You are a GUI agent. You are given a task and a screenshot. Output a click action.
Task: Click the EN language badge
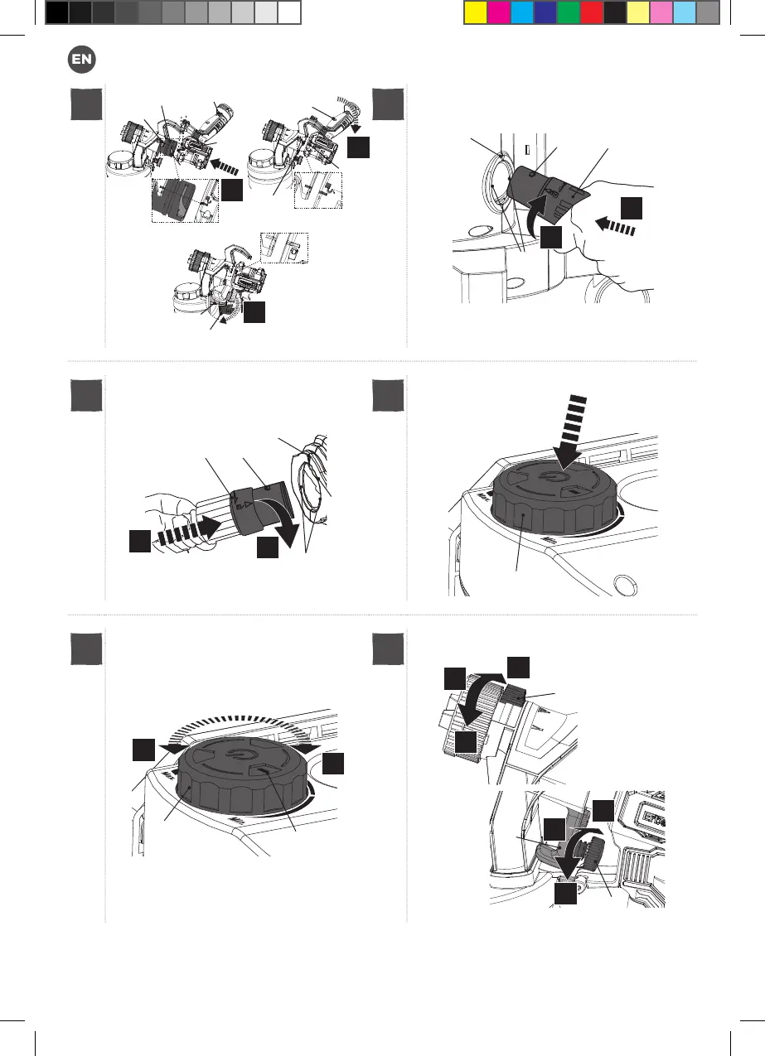[x=82, y=59]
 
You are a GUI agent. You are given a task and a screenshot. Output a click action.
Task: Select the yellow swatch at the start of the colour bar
[x=475, y=12]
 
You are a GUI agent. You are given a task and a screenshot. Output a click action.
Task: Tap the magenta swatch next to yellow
[x=498, y=12]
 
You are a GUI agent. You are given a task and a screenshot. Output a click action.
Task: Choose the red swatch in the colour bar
[x=591, y=12]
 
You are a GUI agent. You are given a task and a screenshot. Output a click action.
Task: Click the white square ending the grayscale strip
[x=288, y=12]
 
